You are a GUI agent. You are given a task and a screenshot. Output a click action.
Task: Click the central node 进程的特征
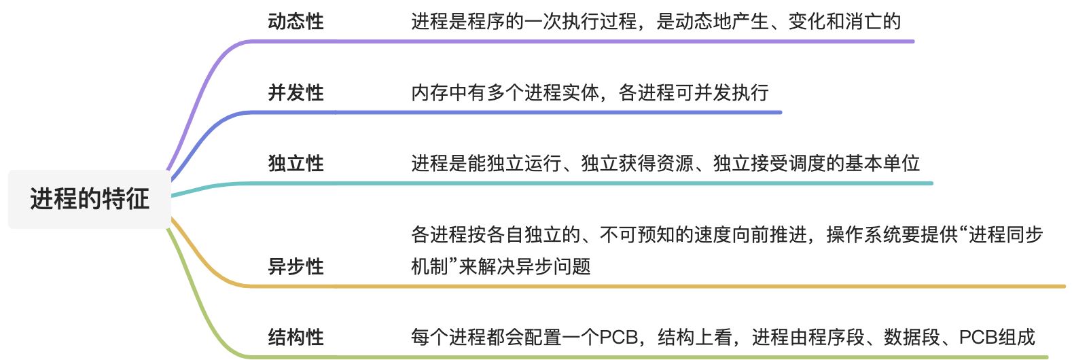89,199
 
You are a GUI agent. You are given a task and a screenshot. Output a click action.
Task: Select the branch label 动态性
296,22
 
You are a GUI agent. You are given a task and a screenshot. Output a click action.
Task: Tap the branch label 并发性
296,92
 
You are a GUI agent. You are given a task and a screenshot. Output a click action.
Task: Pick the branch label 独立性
296,163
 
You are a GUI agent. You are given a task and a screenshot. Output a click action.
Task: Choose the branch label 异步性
296,266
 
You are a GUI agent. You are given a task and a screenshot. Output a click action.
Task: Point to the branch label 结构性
296,337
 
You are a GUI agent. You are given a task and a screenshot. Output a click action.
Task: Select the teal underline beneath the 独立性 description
611,183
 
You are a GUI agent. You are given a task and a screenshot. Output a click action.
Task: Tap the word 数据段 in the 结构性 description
911,337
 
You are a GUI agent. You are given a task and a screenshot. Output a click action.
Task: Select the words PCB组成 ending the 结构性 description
997,337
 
